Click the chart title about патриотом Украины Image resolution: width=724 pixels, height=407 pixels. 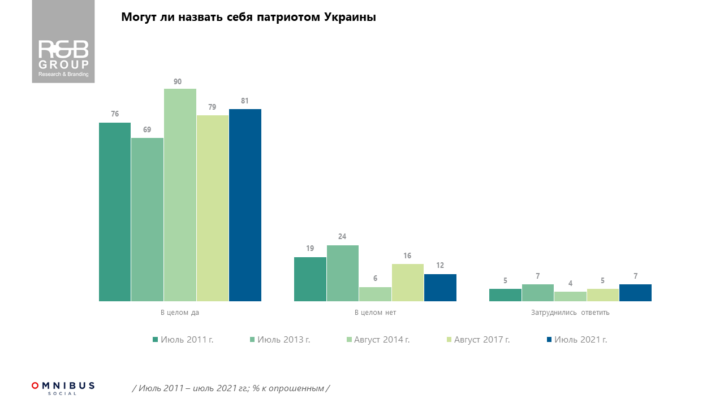pyautogui.click(x=249, y=18)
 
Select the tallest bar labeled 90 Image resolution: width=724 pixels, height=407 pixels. pyautogui.click(x=180, y=195)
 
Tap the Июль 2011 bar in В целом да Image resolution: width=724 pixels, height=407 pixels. pyautogui.click(x=115, y=212)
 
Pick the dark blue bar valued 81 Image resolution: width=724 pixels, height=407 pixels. pyautogui.click(x=245, y=205)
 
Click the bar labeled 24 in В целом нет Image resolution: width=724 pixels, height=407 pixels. pyautogui.click(x=343, y=273)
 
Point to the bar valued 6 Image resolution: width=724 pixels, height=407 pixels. pyautogui.click(x=375, y=294)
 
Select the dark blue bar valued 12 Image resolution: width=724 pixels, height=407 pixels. pyautogui.click(x=440, y=288)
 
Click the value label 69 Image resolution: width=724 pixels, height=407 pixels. pyautogui.click(x=147, y=129)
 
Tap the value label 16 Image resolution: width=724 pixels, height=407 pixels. pyautogui.click(x=407, y=256)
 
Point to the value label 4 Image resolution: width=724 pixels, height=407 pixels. pyautogui.click(x=570, y=283)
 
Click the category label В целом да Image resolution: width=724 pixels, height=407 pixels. pyautogui.click(x=180, y=312)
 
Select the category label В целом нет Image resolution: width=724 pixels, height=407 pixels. pyautogui.click(x=375, y=312)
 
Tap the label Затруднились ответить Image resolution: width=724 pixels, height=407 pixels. pyautogui.click(x=570, y=312)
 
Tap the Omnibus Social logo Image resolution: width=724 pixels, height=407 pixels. pyautogui.click(x=63, y=388)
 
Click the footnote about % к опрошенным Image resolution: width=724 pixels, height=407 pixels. pyautogui.click(x=230, y=388)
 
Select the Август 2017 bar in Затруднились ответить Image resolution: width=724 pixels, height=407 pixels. pyautogui.click(x=603, y=295)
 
